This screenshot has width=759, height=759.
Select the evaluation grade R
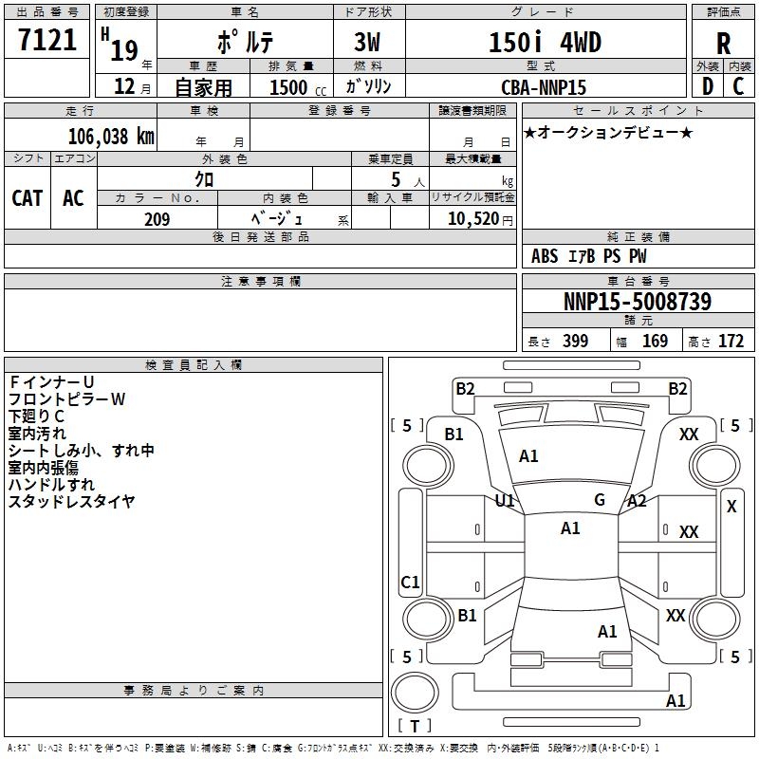pyautogui.click(x=723, y=43)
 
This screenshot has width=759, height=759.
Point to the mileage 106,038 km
pyautogui.click(x=110, y=137)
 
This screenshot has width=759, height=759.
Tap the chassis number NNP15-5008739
pyautogui.click(x=637, y=303)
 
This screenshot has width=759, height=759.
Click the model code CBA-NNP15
pyautogui.click(x=544, y=86)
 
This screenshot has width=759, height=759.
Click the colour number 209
pyautogui.click(x=157, y=219)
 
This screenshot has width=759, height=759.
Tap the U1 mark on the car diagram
pyautogui.click(x=505, y=500)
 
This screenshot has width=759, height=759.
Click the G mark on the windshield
pyautogui.click(x=600, y=500)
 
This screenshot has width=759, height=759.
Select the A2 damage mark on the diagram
pyautogui.click(x=637, y=501)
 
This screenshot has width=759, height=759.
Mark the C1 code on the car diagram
pyautogui.click(x=410, y=583)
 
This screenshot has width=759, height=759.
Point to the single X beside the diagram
pyautogui.click(x=731, y=507)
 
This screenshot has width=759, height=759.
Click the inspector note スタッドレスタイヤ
pyautogui.click(x=72, y=502)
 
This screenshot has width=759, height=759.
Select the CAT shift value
pyautogui.click(x=28, y=198)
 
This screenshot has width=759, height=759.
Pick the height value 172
pyautogui.click(x=731, y=342)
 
